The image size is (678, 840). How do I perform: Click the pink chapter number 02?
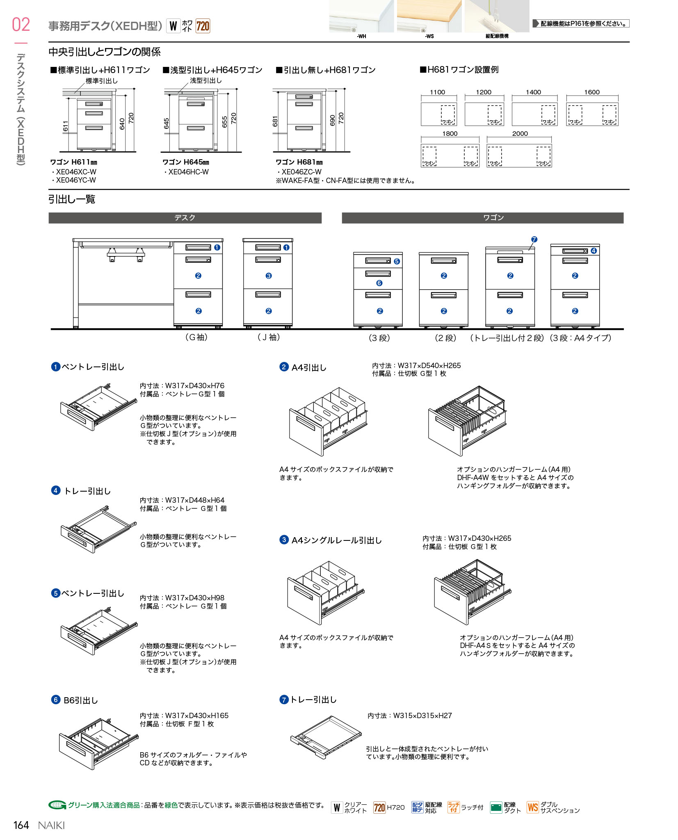pyautogui.click(x=21, y=25)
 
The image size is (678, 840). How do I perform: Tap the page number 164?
pyautogui.click(x=21, y=825)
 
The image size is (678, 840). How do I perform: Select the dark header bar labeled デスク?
pyautogui.click(x=185, y=218)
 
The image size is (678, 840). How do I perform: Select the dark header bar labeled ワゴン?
pyautogui.click(x=482, y=218)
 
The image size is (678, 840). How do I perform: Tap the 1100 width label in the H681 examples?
pyautogui.click(x=437, y=92)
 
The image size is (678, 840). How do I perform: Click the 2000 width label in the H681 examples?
pyautogui.click(x=520, y=134)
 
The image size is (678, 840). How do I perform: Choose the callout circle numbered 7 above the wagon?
pyautogui.click(x=534, y=239)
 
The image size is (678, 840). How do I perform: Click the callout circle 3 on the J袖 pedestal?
pyautogui.click(x=269, y=276)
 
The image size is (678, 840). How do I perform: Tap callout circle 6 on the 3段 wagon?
pyautogui.click(x=379, y=283)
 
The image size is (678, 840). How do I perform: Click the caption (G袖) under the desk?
pyautogui.click(x=196, y=337)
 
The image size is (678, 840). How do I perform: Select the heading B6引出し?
pyautogui.click(x=81, y=700)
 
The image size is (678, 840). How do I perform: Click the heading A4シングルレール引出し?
pyautogui.click(x=336, y=540)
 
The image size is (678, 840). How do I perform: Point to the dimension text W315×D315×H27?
pyautogui.click(x=422, y=716)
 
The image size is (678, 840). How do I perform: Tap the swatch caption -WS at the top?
pyautogui.click(x=429, y=37)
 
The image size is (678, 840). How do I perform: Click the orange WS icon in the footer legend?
pyautogui.click(x=532, y=808)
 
